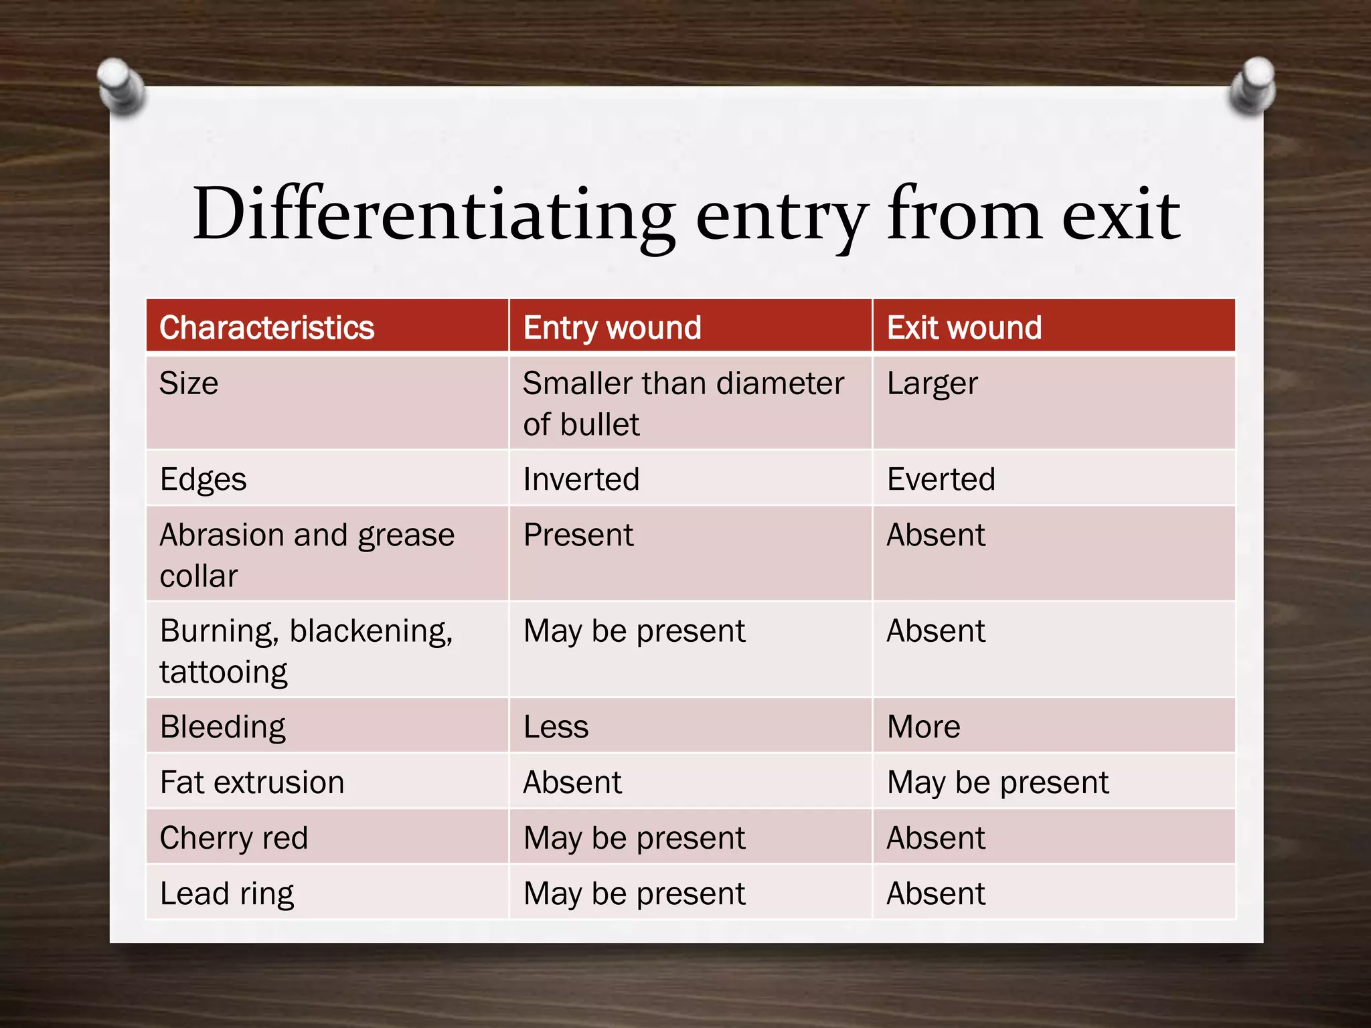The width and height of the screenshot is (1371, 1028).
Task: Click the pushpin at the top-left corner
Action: click(120, 86)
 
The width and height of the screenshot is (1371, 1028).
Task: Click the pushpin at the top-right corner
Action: click(1253, 84)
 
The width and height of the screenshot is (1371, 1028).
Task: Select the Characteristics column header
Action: click(266, 328)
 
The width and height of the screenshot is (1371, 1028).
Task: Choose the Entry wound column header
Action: click(612, 328)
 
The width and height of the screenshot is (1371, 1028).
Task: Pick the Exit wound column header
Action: click(964, 328)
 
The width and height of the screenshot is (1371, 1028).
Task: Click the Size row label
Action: click(189, 384)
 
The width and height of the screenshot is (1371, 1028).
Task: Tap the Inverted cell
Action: click(581, 479)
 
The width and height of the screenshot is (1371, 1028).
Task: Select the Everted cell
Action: click(941, 479)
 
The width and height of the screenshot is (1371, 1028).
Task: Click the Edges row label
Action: click(204, 480)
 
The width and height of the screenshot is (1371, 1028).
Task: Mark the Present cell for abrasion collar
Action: click(578, 535)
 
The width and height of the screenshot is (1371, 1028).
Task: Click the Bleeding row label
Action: click(223, 727)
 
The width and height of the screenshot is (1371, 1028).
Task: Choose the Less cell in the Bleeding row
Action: click(556, 727)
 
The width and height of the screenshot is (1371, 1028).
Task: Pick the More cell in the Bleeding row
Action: click(923, 727)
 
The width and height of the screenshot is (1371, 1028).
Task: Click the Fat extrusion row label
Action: click(252, 782)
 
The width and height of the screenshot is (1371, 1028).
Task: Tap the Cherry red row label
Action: click(234, 838)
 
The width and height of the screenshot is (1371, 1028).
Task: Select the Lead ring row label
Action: click(227, 894)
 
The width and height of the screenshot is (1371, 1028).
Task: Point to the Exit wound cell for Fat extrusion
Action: click(997, 782)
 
